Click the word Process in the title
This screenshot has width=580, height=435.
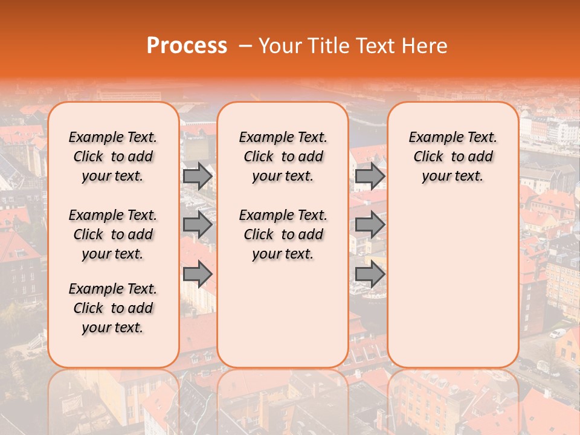tap(186, 46)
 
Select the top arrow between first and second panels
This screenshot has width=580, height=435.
tap(198, 176)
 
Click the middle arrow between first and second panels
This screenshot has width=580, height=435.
tap(198, 225)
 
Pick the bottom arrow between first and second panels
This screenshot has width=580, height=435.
tap(198, 274)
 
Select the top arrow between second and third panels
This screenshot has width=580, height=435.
tap(370, 176)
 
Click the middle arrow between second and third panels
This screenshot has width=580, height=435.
tap(370, 225)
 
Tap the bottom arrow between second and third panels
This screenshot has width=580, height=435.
tap(370, 274)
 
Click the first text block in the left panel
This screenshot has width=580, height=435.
tap(113, 156)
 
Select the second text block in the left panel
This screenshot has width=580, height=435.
tap(113, 234)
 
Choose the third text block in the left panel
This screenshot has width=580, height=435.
tap(113, 308)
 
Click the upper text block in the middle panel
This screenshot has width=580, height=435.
tap(283, 156)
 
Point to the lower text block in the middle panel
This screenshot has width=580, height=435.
tap(283, 234)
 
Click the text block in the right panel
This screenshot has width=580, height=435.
tap(453, 156)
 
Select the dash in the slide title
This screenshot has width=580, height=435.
tap(245, 46)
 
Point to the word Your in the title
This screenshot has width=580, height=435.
tap(276, 46)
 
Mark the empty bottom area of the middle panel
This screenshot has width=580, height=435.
tap(283, 320)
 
